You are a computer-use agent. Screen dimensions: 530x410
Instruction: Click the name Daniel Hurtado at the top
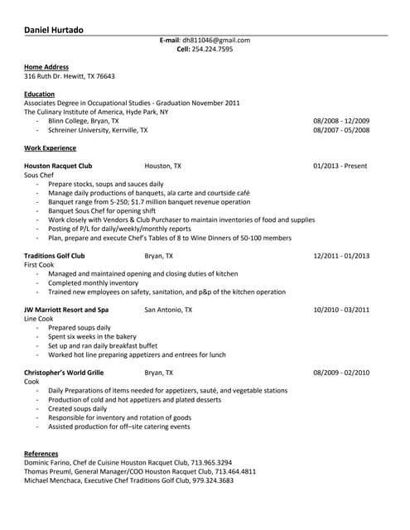point(54,30)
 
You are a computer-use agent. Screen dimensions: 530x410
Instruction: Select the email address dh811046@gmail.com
point(216,40)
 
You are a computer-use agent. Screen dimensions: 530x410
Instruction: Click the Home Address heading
point(46,67)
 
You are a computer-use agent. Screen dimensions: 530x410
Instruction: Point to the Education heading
point(40,94)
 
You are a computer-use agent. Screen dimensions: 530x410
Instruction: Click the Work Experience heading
point(50,148)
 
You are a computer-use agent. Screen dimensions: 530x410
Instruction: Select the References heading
point(41,454)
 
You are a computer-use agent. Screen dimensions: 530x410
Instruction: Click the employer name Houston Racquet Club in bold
point(58,166)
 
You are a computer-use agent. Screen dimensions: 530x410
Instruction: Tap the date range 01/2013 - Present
point(340,166)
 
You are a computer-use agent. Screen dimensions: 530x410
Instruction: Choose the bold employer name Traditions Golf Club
point(55,256)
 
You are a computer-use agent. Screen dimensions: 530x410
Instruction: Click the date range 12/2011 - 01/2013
point(341,256)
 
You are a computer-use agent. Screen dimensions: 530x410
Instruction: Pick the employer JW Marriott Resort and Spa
point(66,310)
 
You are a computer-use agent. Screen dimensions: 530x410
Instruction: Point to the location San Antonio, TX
point(168,310)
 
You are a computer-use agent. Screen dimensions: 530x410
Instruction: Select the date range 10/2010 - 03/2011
point(341,310)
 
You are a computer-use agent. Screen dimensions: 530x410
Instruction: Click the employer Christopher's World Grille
point(64,373)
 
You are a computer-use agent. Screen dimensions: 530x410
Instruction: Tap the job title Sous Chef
point(39,176)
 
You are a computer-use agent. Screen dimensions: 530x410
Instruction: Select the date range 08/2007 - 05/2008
point(341,130)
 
